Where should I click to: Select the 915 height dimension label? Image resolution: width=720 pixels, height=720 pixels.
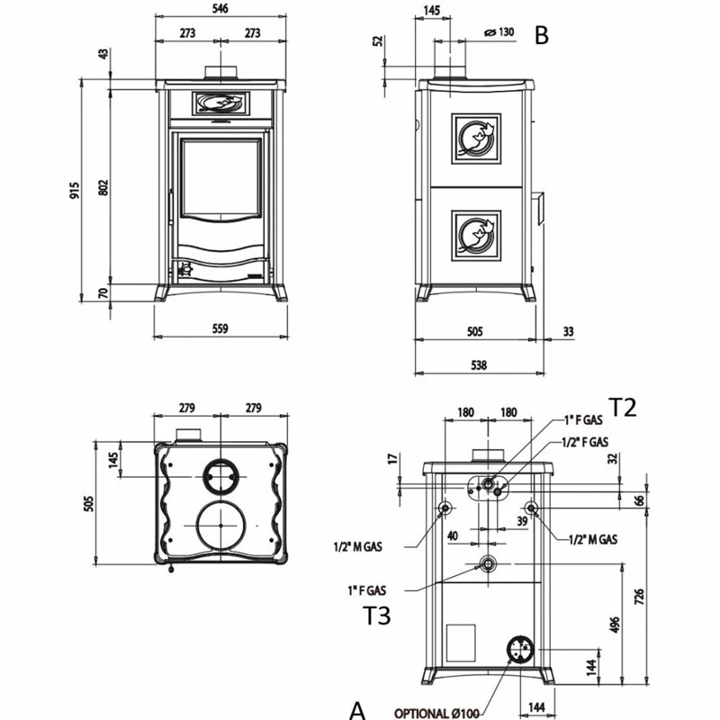(76, 191)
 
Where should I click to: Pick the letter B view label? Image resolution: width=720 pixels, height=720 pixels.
(541, 36)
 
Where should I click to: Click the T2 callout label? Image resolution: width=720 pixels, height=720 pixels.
(622, 408)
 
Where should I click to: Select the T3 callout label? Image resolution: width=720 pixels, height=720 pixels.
(378, 616)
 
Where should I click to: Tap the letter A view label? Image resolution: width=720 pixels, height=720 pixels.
(357, 710)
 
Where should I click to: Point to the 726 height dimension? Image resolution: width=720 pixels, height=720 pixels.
(638, 596)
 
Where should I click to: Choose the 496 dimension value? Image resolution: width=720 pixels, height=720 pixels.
(615, 625)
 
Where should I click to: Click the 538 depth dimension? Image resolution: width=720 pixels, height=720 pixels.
(478, 364)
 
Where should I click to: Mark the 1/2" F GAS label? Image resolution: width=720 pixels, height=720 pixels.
(584, 442)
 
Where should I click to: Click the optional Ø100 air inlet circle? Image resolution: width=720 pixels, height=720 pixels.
(519, 648)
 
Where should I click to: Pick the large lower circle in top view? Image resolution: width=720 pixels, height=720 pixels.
(220, 526)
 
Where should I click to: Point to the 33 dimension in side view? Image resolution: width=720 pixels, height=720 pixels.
(567, 331)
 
